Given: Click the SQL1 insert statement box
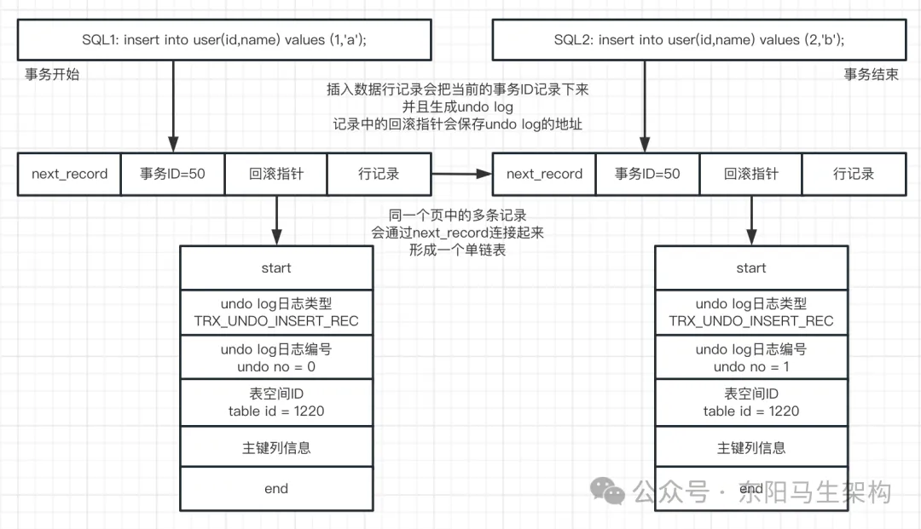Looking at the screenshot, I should tap(223, 40).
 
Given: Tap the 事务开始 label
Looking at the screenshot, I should tap(52, 74).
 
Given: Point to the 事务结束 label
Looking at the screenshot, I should tap(871, 74).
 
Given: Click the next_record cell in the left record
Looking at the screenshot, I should tap(70, 174).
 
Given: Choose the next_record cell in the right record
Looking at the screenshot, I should tap(544, 174).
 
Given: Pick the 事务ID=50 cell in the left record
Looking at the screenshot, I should tap(172, 174).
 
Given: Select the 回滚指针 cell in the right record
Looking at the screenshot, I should tap(750, 174).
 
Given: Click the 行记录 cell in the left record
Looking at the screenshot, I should tap(379, 174).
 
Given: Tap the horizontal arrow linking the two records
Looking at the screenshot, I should tap(461, 174).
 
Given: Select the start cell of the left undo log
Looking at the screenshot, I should tap(276, 267).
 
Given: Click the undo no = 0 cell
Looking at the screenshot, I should tap(276, 358).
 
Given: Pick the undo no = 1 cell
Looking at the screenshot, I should tap(750, 358).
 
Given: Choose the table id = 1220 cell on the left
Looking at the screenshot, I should tap(276, 402).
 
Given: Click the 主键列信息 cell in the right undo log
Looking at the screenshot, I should tap(750, 447).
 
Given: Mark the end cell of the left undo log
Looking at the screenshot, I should tap(276, 488).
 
